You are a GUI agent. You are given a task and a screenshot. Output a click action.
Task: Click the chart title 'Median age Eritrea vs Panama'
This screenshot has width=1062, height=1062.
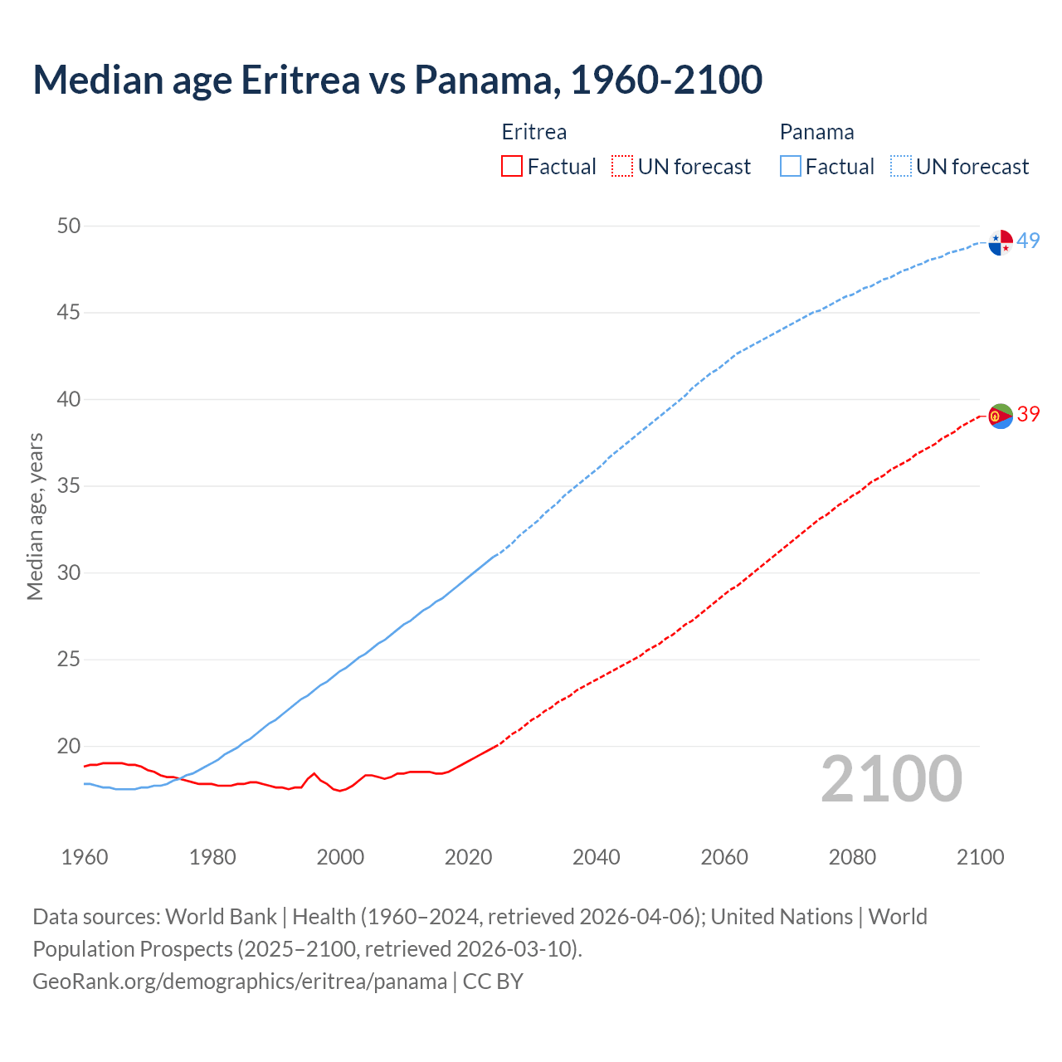click(x=397, y=80)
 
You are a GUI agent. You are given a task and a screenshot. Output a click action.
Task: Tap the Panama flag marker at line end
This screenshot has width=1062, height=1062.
click(x=1001, y=242)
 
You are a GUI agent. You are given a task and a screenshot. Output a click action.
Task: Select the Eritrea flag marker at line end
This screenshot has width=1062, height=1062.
click(x=1001, y=416)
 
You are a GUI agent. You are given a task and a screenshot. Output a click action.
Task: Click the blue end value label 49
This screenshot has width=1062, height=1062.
click(x=1029, y=241)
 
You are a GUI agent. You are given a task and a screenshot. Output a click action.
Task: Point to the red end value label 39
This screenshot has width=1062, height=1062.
click(x=1029, y=415)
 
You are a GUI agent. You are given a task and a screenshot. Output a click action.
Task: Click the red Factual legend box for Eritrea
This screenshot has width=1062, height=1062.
click(x=512, y=167)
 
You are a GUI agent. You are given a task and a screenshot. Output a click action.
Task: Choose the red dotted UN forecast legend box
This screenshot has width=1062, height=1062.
click(x=622, y=167)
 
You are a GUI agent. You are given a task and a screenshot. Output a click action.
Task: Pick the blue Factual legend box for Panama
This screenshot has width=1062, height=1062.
click(x=790, y=167)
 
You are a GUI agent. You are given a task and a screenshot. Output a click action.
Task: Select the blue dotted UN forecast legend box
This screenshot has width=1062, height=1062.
click(x=900, y=167)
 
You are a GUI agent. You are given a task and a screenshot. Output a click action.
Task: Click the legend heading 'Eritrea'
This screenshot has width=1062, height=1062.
click(x=534, y=133)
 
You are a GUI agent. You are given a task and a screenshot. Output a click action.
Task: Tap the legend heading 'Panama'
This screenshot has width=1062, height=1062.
click(x=816, y=133)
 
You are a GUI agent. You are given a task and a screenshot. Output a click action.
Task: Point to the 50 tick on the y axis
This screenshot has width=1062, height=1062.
click(x=69, y=227)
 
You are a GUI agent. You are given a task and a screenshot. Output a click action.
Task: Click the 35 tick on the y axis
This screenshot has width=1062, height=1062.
click(x=69, y=486)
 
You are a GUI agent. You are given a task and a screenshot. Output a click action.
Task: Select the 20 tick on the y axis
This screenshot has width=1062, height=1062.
click(x=69, y=747)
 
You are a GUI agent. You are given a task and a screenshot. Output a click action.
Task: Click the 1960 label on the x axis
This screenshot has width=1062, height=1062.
click(x=85, y=857)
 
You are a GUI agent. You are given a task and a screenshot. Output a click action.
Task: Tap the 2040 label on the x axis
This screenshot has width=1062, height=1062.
click(x=596, y=857)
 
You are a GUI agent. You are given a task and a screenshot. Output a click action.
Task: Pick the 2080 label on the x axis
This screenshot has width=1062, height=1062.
click(x=852, y=857)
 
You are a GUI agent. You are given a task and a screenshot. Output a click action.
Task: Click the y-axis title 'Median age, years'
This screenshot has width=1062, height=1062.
click(x=35, y=516)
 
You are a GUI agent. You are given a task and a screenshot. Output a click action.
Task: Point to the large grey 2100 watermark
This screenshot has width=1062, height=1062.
click(x=891, y=780)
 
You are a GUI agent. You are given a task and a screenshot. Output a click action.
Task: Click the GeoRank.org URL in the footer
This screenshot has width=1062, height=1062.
click(x=240, y=982)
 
